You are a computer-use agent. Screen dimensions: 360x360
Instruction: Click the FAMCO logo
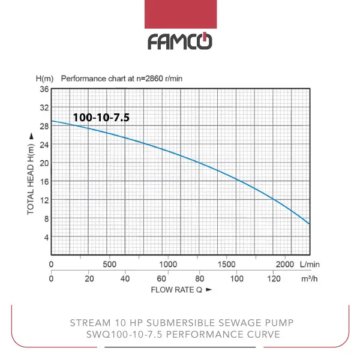(x=179, y=41)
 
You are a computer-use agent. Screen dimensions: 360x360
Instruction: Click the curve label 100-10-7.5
(x=101, y=118)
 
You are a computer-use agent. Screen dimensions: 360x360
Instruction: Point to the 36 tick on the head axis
(x=44, y=89)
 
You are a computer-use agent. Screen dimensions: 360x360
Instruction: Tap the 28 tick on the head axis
(x=44, y=126)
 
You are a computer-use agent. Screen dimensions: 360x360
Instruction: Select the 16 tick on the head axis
(x=44, y=182)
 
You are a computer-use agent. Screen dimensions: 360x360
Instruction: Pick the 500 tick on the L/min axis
(x=109, y=264)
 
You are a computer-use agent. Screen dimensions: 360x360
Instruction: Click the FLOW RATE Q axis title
(x=177, y=290)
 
